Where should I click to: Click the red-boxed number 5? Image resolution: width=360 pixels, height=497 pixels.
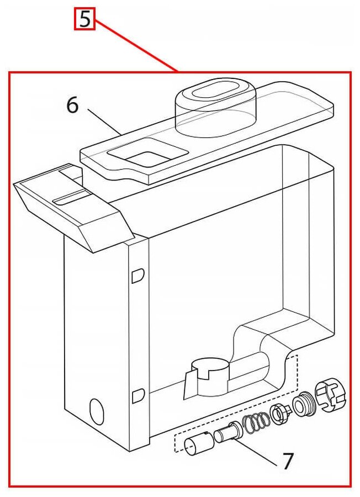pos(84,19)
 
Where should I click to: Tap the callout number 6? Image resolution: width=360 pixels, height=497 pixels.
pos(72,105)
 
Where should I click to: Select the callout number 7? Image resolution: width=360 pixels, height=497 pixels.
pos(287,461)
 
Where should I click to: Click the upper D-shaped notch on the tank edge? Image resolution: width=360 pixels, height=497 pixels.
pos(138,276)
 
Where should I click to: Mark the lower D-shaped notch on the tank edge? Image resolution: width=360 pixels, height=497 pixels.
pos(138,396)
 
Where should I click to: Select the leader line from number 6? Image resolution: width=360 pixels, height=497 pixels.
pos(104,121)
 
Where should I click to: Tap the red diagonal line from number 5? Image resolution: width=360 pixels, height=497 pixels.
pos(136,46)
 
